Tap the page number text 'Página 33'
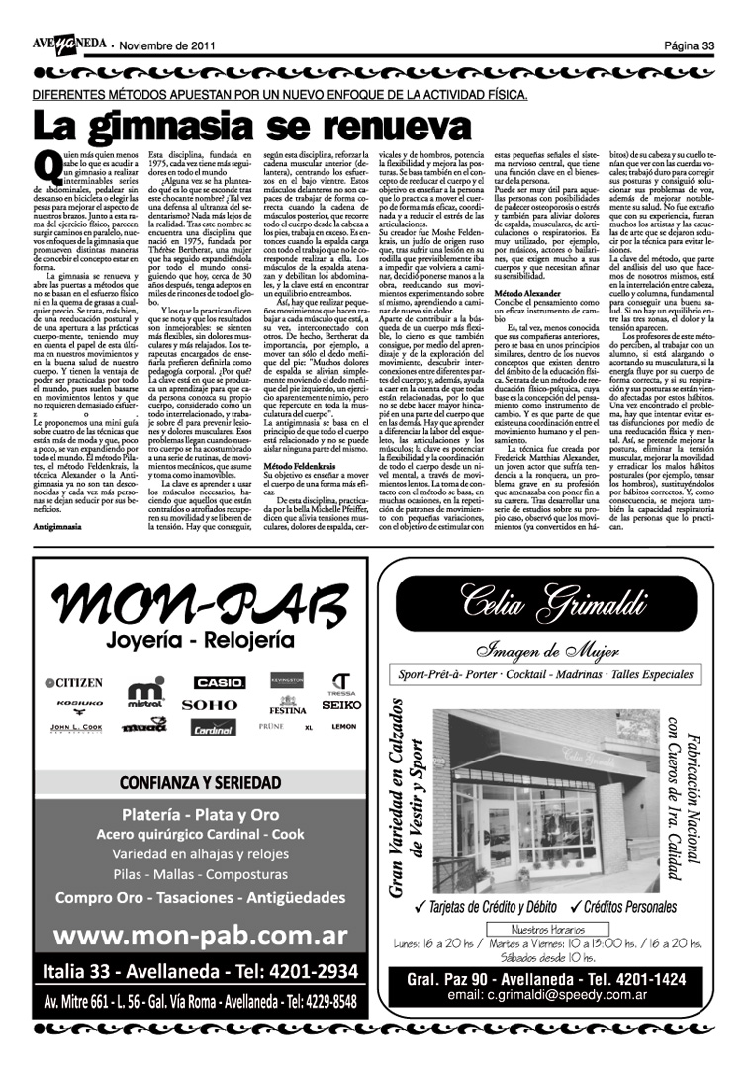pos(689,45)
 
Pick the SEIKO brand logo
pos(341,704)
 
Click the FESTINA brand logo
pos(287,708)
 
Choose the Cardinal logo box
pos(214,728)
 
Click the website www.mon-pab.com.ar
pos(200,935)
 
